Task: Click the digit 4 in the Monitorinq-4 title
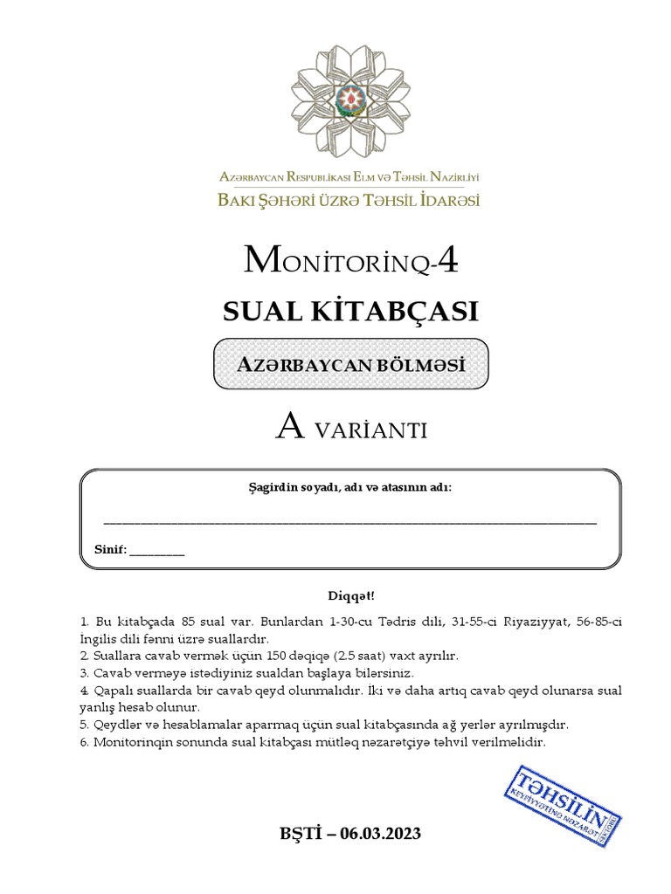point(446,261)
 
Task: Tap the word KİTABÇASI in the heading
point(398,312)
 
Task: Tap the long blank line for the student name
point(349,521)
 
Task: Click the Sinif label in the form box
point(110,550)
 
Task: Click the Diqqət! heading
point(349,596)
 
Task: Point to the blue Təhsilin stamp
point(563,796)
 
